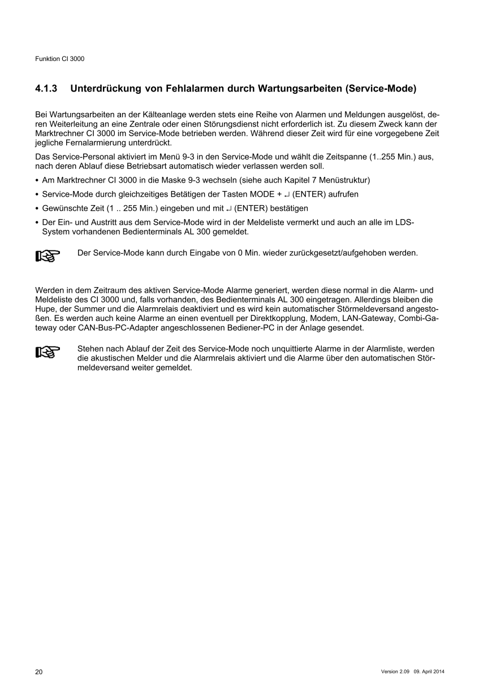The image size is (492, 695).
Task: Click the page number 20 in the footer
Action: click(x=38, y=672)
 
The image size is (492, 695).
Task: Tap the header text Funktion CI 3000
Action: click(x=60, y=59)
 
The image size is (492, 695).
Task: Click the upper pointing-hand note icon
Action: click(x=48, y=257)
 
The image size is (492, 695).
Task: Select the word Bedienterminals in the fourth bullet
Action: click(x=138, y=232)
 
